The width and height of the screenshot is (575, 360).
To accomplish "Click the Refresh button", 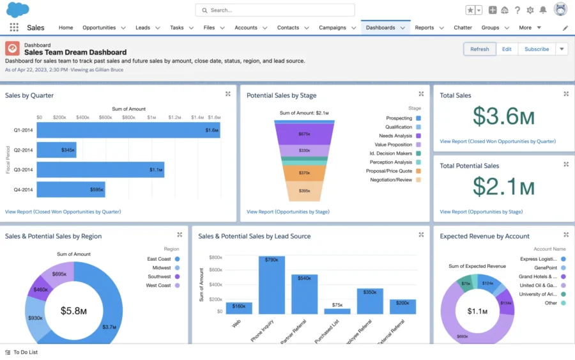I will (479, 49).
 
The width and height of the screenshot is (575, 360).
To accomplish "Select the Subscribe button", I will (537, 49).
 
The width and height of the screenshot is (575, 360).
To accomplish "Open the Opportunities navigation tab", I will (99, 28).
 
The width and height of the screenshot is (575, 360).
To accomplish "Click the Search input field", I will (275, 10).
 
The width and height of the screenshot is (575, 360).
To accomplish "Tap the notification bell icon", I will (543, 10).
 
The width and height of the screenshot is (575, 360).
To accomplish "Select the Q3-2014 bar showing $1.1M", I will (100, 169).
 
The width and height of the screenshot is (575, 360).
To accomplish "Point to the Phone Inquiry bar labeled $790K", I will (272, 285).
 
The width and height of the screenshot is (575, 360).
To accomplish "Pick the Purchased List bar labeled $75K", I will (337, 311).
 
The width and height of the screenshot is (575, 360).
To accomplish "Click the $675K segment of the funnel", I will (304, 134).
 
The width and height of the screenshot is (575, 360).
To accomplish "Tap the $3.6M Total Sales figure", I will (503, 117).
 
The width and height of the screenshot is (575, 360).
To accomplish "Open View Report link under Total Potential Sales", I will (481, 212).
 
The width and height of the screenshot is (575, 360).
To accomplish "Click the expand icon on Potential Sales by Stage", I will (421, 94).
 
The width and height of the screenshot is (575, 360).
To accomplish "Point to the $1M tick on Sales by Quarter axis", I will (151, 118).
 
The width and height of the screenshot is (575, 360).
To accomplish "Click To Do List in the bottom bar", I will (25, 352).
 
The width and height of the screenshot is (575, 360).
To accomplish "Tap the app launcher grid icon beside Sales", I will (14, 28).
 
